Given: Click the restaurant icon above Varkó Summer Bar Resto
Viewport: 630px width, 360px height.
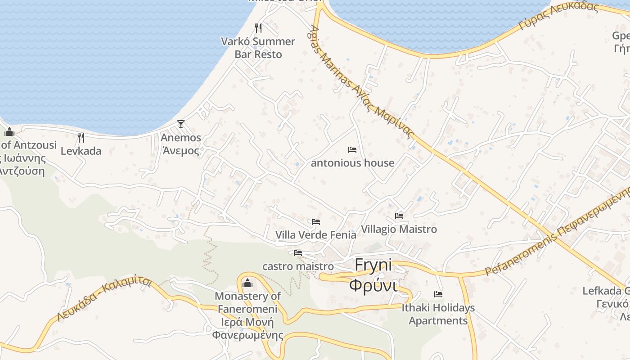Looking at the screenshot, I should (258, 28).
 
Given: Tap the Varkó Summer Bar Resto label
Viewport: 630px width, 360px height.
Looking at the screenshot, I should (258, 48).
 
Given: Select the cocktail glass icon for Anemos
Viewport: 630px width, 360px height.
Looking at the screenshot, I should (181, 124).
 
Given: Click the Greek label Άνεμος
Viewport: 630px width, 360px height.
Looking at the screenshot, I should (181, 151).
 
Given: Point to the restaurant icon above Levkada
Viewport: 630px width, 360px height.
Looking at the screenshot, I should (81, 137).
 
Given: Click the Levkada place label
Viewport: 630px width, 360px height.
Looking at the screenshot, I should (81, 151).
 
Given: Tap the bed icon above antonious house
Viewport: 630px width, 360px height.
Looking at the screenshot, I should (352, 149).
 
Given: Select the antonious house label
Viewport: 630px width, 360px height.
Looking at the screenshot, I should (352, 163).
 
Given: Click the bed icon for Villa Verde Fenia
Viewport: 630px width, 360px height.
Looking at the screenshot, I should (316, 221).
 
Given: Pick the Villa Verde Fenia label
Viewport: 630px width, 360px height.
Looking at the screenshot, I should (316, 235).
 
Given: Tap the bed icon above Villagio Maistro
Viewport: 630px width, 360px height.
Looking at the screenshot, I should (399, 216).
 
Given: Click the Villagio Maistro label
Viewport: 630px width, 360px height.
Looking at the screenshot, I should (399, 229).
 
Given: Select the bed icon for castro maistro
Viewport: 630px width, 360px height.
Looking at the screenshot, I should (298, 253).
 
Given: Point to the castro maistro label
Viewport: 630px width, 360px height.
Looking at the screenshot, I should (298, 266).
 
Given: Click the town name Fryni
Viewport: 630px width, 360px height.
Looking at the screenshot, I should (373, 265).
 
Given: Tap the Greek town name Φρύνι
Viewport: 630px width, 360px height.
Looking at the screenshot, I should (373, 285).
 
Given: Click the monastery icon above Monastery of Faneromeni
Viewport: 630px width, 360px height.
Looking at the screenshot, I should (247, 283).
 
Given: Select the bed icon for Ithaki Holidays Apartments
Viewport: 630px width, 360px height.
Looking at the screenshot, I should (438, 294).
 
